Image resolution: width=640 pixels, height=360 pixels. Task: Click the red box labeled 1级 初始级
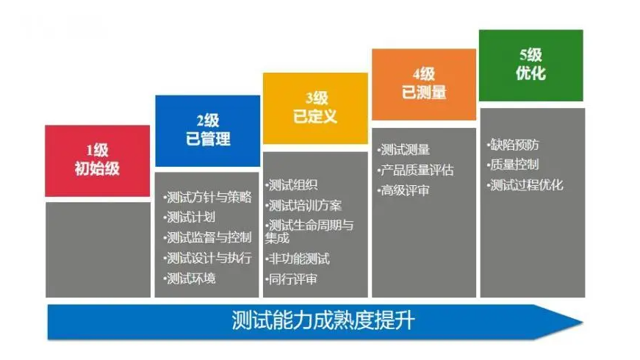click(x=97, y=160)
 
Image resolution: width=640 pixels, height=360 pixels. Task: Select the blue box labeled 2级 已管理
click(x=207, y=131)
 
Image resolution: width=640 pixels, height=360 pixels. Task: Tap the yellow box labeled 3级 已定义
click(x=315, y=108)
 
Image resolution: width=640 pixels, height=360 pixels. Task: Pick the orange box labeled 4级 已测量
click(x=423, y=84)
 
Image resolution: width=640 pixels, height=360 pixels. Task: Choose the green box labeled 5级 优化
click(x=531, y=65)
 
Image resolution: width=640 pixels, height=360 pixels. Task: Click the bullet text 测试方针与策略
click(x=208, y=197)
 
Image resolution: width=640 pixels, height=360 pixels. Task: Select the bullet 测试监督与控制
click(x=208, y=237)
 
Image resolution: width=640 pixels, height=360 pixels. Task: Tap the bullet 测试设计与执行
click(x=208, y=258)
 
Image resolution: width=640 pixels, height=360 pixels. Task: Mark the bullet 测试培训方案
click(x=304, y=205)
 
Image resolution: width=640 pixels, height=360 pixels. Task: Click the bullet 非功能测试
click(x=298, y=259)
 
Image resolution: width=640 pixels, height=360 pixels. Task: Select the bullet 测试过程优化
click(x=525, y=185)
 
